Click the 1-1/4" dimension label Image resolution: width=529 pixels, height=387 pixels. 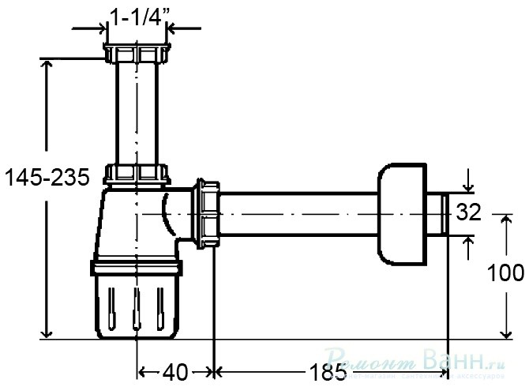click(x=138, y=16)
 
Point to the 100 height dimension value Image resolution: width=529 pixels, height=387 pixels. click(x=505, y=273)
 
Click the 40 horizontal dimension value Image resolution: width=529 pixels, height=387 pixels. click(x=175, y=371)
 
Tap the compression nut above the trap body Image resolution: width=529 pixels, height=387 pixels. click(x=137, y=174)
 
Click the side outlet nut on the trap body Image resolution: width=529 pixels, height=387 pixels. click(x=208, y=214)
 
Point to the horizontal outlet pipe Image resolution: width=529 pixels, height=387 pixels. click(x=300, y=214)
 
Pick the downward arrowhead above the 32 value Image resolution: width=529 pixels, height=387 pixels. click(x=467, y=187)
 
